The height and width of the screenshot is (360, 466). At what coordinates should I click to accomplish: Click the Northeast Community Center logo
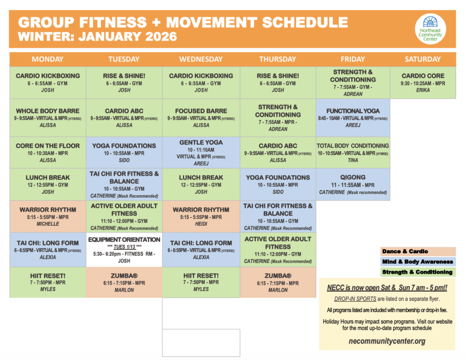click(x=431, y=29)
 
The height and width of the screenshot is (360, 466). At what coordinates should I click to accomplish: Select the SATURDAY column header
click(x=423, y=59)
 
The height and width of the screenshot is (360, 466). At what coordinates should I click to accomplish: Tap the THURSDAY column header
click(x=278, y=59)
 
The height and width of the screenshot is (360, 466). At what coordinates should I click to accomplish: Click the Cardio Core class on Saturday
click(x=423, y=82)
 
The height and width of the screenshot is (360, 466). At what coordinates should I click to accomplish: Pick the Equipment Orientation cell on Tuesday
click(x=124, y=250)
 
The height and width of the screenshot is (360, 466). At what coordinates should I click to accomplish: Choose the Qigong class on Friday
click(x=353, y=184)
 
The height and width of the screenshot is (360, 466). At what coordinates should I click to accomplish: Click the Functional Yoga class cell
click(x=353, y=117)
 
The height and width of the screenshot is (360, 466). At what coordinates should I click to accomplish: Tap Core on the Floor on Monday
click(x=48, y=152)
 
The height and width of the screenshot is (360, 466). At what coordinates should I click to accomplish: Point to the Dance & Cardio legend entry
click(x=418, y=251)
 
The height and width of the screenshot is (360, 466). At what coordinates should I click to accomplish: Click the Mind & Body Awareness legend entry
click(x=418, y=262)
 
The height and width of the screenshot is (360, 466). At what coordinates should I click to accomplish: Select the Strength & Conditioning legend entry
click(x=418, y=272)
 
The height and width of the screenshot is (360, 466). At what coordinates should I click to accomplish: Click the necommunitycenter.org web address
click(x=387, y=341)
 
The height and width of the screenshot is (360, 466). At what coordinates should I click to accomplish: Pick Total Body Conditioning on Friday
click(x=353, y=152)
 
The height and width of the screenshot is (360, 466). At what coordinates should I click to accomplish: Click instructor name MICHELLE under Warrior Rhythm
click(x=48, y=224)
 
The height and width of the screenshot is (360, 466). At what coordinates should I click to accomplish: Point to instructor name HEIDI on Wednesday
click(x=201, y=224)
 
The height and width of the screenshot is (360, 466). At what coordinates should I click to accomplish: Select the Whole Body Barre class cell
click(x=48, y=117)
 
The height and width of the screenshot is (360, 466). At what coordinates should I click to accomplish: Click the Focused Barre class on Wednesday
click(x=201, y=117)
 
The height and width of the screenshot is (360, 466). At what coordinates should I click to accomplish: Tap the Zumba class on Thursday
click(x=278, y=282)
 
